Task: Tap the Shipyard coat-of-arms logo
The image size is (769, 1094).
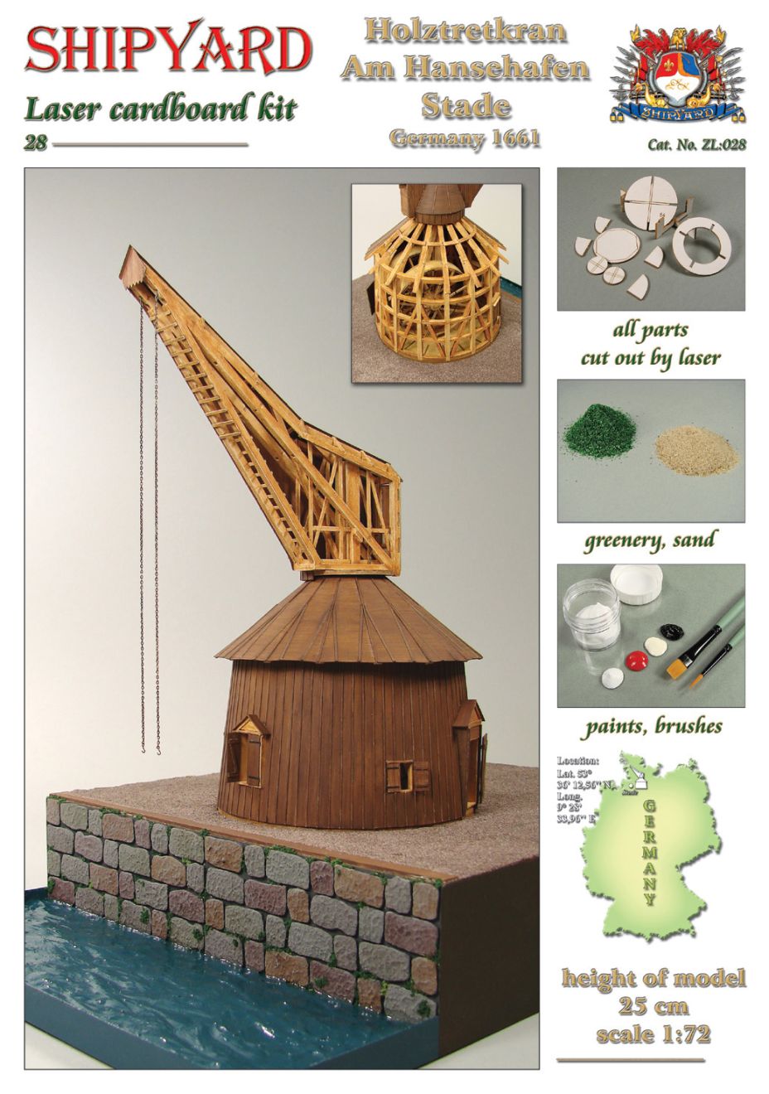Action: tap(678, 72)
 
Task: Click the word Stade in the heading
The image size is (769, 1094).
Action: tap(465, 105)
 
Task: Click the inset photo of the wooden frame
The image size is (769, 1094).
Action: tap(436, 283)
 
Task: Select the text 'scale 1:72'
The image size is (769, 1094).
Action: tap(653, 1034)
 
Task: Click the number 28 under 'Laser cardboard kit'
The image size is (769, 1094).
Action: tap(35, 143)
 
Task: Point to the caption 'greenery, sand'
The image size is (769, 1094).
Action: tap(650, 541)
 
